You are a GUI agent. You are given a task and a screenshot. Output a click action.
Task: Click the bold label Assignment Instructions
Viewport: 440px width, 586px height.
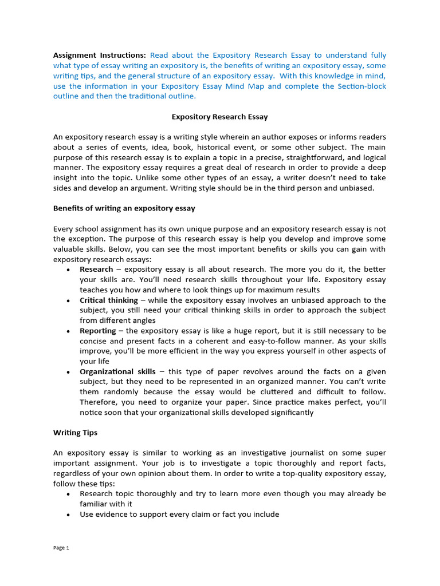(x=99, y=56)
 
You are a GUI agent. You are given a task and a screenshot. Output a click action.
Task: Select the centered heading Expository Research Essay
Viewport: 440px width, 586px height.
(x=220, y=117)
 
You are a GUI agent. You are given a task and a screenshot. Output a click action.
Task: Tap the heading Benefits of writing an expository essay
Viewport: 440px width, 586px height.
(x=124, y=208)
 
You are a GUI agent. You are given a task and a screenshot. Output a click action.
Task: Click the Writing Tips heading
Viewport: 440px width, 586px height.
(x=76, y=433)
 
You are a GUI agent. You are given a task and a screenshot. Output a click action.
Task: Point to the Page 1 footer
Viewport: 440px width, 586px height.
(x=61, y=548)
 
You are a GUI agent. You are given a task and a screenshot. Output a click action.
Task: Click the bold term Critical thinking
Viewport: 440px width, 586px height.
(x=109, y=300)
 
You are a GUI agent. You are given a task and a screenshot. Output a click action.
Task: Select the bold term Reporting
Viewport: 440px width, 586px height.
(x=97, y=331)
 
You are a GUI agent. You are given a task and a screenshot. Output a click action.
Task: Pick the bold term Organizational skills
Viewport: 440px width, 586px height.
(x=117, y=372)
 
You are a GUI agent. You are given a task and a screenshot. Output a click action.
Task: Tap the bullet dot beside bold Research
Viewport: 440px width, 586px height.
(x=69, y=270)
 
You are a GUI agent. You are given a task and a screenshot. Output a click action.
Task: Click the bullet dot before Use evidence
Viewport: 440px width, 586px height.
(x=69, y=514)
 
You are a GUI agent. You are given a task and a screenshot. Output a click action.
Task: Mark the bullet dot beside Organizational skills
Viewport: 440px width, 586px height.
(x=69, y=373)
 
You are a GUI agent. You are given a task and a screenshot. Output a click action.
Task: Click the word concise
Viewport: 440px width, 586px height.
(x=95, y=341)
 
